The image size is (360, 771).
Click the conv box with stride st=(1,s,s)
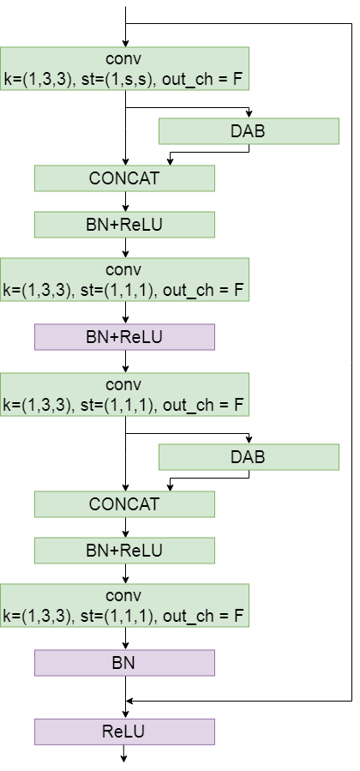point(124,69)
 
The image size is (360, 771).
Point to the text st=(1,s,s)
point(117,78)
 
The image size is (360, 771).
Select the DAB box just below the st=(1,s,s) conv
point(249,131)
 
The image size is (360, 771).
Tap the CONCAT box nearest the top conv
point(124,178)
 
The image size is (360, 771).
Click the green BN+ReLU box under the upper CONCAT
point(124,225)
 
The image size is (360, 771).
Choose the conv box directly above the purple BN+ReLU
point(124,280)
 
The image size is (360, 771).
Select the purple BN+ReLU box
point(124,337)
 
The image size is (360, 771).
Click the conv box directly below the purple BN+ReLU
point(124,395)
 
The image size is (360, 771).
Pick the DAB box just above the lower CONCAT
point(249,457)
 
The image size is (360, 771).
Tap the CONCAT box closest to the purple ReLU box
point(124,504)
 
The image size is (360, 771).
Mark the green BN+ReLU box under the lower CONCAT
point(124,551)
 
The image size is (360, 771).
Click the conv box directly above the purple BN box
point(124,605)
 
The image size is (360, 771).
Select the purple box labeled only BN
point(124,663)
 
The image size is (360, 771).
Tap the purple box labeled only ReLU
point(124,732)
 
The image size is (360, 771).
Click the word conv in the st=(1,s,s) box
point(123,59)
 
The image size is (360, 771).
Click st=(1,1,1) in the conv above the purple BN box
point(117,616)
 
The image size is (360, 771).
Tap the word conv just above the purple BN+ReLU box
point(123,270)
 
